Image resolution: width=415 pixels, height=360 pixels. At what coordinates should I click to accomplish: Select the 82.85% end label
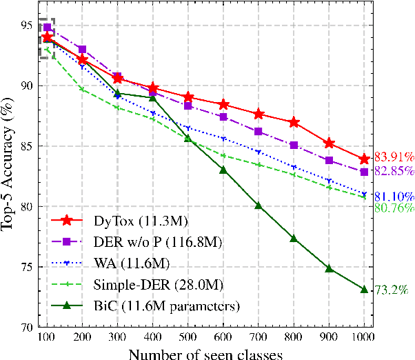click(394, 170)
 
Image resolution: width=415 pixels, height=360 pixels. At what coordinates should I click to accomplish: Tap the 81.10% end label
click(394, 196)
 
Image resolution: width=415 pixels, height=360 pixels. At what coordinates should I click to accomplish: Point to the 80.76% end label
click(394, 206)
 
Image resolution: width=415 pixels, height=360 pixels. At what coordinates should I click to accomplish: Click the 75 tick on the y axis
click(26, 268)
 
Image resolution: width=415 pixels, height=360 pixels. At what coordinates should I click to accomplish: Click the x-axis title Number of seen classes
click(205, 352)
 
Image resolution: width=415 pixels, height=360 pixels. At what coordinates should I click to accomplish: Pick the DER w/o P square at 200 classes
click(82, 50)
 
